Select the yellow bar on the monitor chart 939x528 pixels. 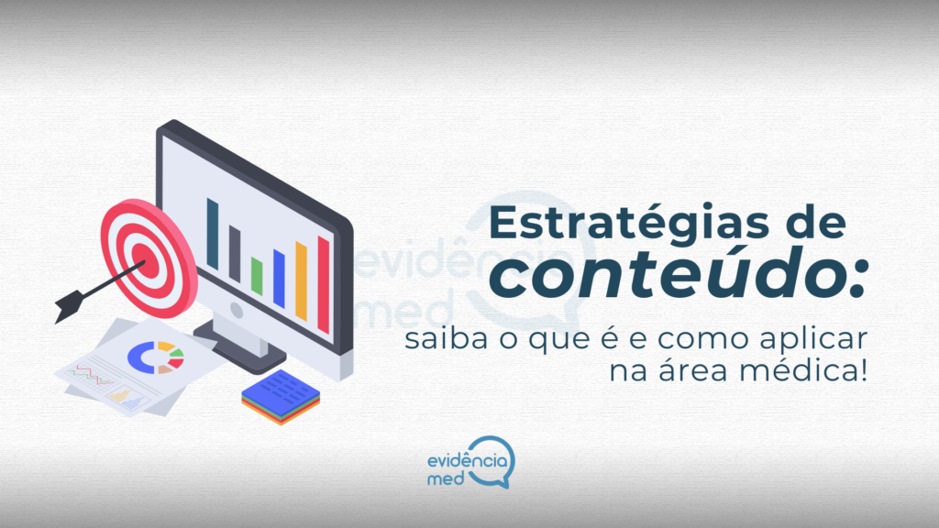301,280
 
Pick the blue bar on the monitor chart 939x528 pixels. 279,279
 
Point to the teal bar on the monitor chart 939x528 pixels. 213,233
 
